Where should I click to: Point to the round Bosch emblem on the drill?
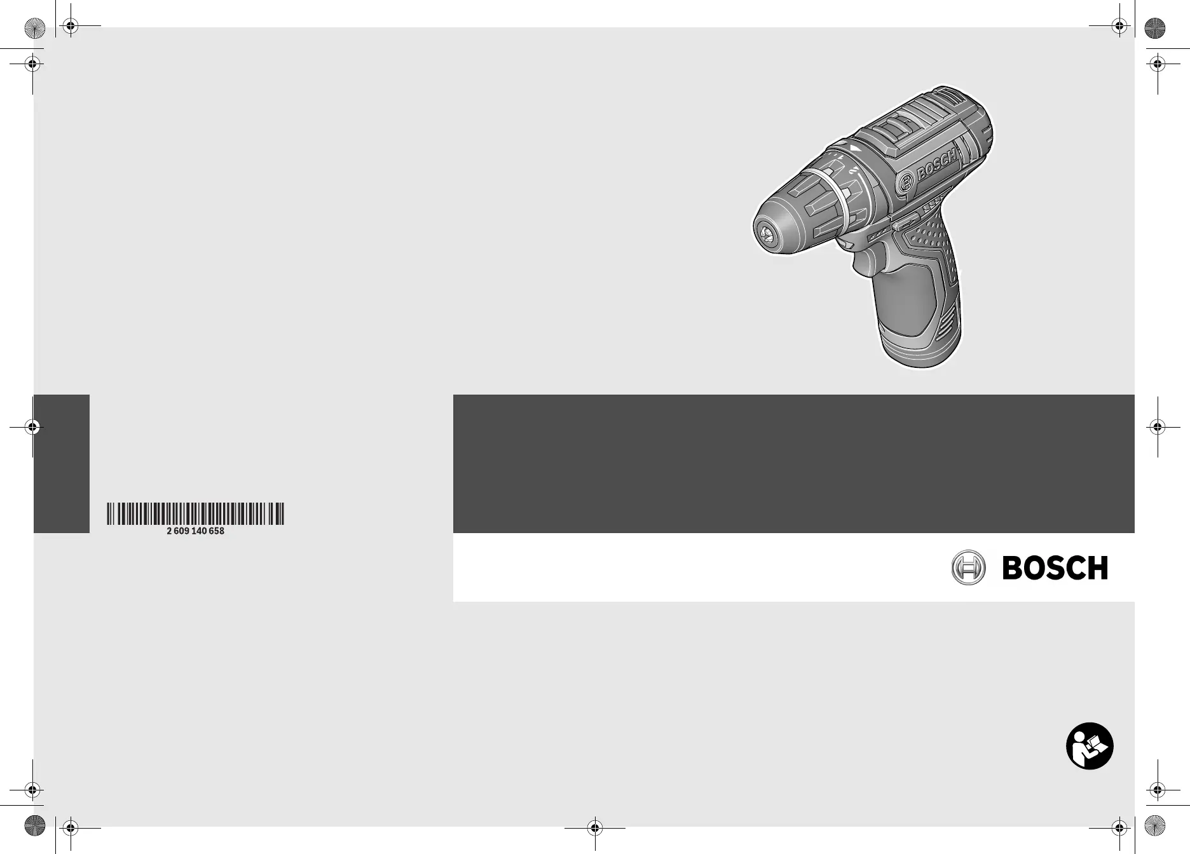905,183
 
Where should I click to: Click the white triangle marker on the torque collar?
854,148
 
